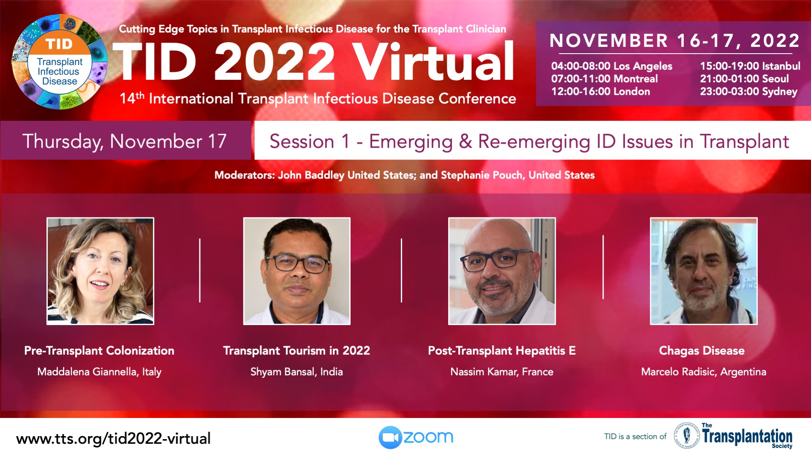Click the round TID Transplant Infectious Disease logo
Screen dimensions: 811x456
(x=60, y=62)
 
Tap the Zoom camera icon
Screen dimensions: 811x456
(x=390, y=437)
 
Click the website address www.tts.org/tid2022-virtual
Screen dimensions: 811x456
(x=113, y=439)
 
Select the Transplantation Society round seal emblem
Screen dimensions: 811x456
(x=686, y=435)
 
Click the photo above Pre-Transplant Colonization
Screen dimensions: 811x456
(x=100, y=271)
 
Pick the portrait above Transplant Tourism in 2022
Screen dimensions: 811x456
(x=297, y=271)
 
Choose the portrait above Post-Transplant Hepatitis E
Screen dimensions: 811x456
(x=502, y=271)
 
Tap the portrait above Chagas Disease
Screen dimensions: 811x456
(x=704, y=271)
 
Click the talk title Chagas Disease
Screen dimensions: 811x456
(x=702, y=351)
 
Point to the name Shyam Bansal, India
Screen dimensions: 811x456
(x=297, y=372)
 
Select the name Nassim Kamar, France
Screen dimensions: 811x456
(x=502, y=372)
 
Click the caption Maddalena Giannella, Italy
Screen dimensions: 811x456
(x=99, y=372)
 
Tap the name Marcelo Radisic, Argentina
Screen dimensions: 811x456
(x=704, y=372)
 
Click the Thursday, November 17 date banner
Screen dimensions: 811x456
(x=126, y=141)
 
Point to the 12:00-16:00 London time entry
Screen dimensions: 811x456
(x=600, y=92)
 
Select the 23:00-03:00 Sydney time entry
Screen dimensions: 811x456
(x=748, y=92)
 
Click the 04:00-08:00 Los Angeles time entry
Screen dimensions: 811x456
(x=612, y=66)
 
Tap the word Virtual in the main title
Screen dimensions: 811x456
(x=433, y=62)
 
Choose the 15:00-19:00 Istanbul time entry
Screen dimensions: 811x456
(x=750, y=66)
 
